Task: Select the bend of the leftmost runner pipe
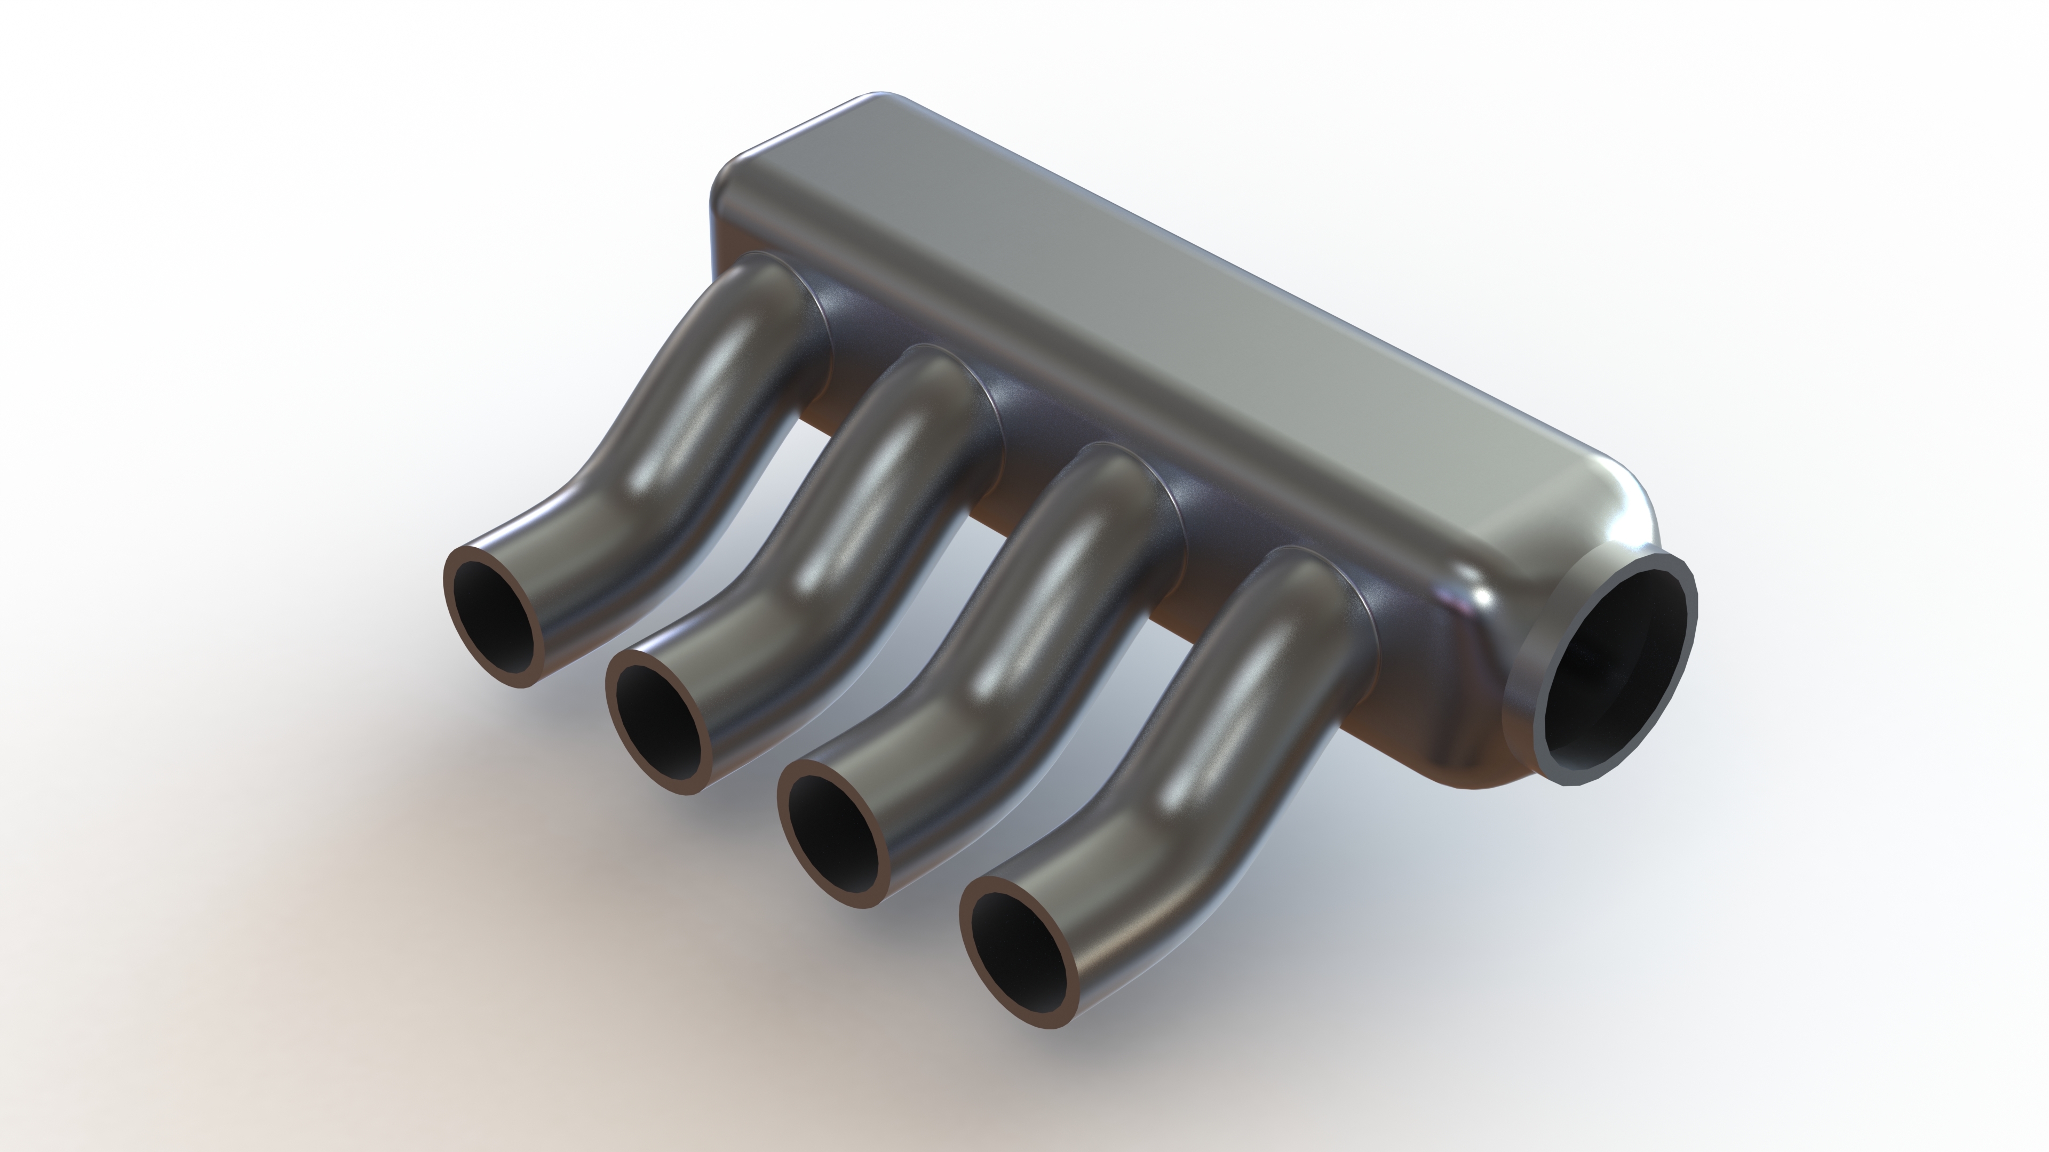[x=605, y=509]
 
